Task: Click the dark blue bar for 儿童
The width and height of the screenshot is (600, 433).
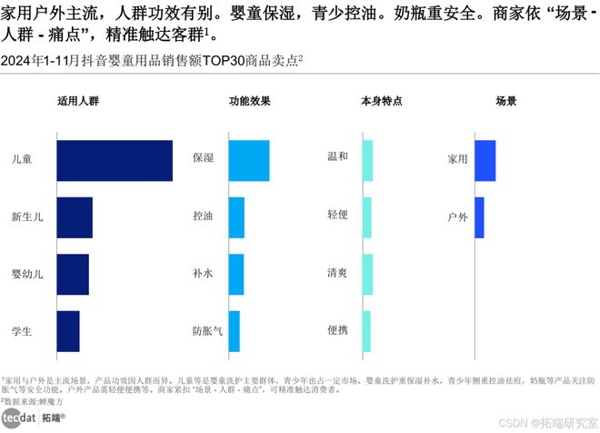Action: point(114,161)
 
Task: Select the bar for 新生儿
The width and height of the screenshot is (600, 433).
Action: point(74,217)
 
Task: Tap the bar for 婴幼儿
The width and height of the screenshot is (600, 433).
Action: point(72,274)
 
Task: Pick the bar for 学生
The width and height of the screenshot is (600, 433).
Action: point(67,331)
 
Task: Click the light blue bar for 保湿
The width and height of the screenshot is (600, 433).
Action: point(248,161)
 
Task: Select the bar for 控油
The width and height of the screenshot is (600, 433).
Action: point(236,217)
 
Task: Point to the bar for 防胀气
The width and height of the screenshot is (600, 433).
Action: point(234,331)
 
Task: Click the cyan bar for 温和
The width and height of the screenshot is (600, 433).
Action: point(367,161)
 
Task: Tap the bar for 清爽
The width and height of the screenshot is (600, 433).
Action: point(367,274)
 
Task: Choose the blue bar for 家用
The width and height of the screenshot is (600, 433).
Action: point(485,161)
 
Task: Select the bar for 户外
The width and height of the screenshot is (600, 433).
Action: point(479,217)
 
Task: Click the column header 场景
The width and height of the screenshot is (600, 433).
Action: point(505,101)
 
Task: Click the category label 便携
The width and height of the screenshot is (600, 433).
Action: point(337,331)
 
